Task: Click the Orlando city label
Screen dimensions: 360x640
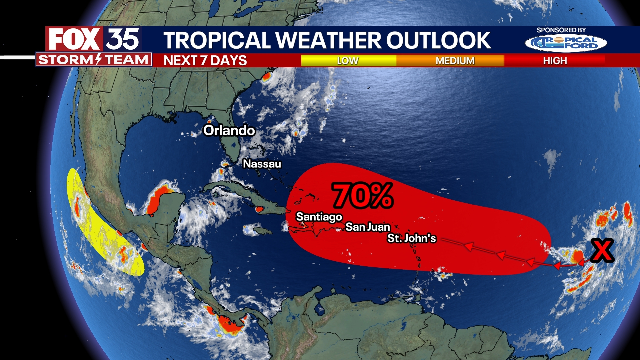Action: tap(229, 130)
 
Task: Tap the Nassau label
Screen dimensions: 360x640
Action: tap(262, 164)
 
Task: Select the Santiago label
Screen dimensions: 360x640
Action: tap(319, 217)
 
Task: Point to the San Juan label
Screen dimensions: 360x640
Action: tap(368, 227)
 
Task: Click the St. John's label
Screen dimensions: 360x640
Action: tap(411, 238)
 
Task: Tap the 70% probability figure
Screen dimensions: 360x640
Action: tap(363, 196)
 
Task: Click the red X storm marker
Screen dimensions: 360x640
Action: tap(602, 250)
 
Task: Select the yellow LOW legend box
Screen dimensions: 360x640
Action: tap(348, 60)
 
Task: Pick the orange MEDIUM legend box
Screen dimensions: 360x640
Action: tap(455, 60)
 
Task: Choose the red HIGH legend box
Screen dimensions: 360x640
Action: tap(555, 60)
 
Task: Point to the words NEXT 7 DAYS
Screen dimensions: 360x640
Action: tap(205, 60)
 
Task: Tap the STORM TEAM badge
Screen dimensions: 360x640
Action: tap(93, 60)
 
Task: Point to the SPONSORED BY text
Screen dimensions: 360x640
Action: tap(561, 30)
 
